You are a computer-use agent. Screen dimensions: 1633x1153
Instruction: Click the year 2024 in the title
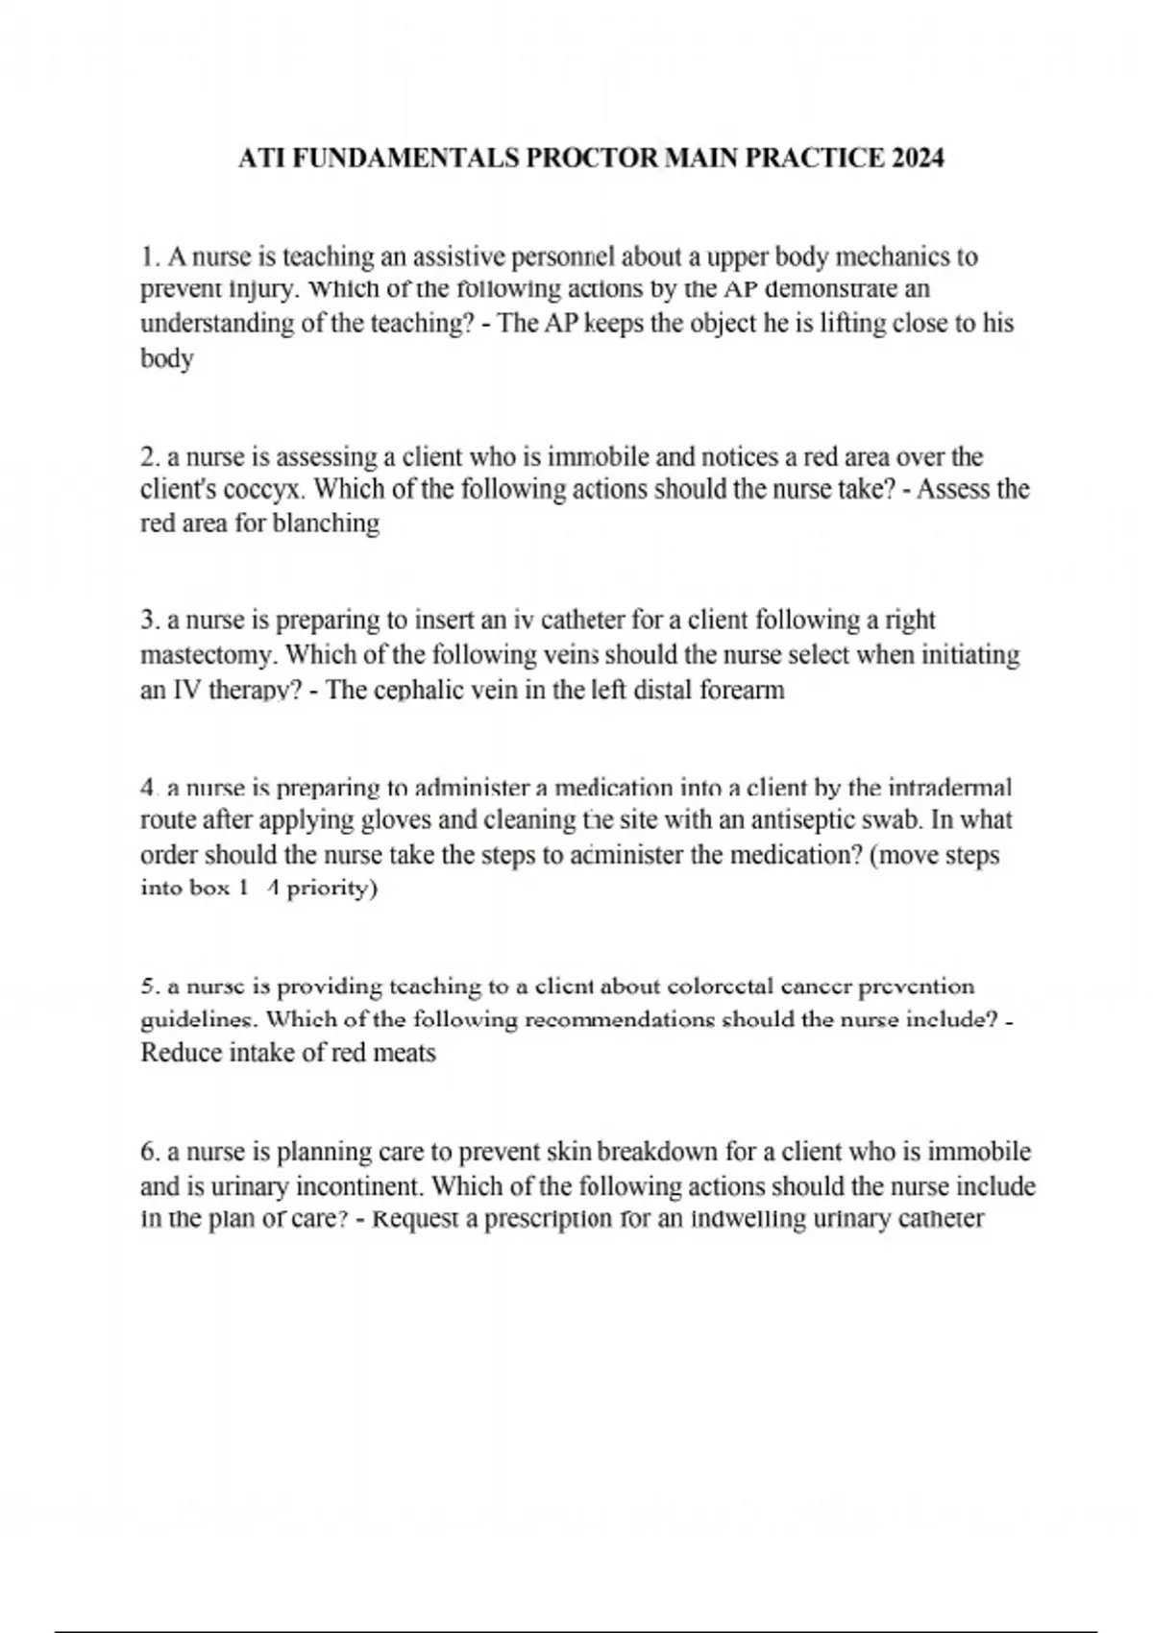pos(918,158)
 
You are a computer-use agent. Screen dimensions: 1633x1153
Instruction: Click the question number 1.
pos(147,257)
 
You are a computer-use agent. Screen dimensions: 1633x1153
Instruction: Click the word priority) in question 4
pos(332,889)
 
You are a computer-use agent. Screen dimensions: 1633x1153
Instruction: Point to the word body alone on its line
pos(167,359)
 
